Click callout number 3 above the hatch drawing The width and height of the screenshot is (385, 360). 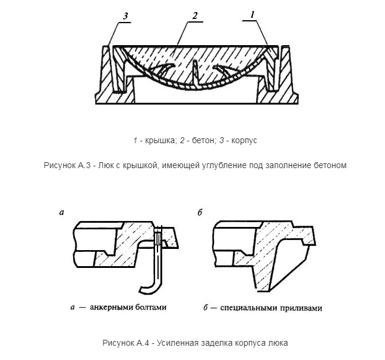(x=125, y=16)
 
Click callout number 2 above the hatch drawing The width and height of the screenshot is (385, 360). (x=195, y=15)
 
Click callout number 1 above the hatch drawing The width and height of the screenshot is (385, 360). (x=253, y=15)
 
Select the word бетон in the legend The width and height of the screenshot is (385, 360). (x=203, y=140)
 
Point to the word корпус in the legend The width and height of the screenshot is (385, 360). (x=244, y=141)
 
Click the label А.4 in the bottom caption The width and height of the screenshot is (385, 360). (x=143, y=343)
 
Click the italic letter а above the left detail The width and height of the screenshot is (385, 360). (x=62, y=212)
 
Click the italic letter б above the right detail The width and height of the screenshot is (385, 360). (x=200, y=213)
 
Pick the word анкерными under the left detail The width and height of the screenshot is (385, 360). (x=110, y=307)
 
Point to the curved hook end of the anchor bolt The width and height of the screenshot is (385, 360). (x=147, y=289)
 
